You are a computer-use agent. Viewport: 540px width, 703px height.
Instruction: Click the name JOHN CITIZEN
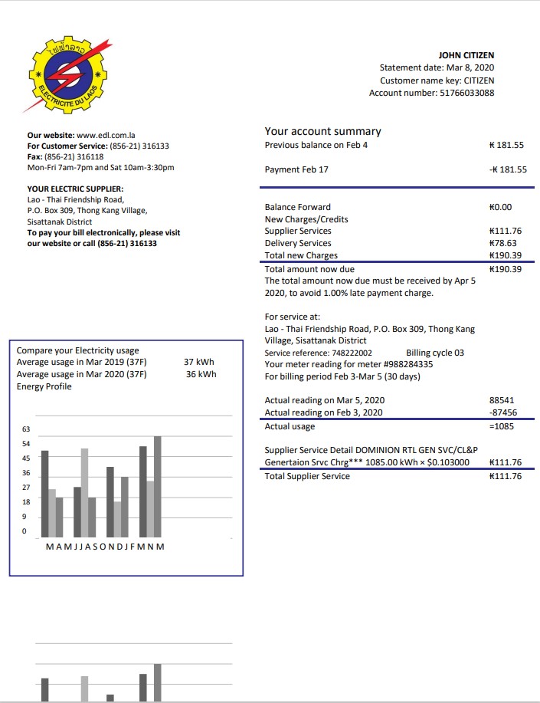click(466, 55)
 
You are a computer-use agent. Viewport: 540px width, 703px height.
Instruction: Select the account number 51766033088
click(466, 93)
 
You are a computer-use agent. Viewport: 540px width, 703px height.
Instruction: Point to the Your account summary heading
click(322, 131)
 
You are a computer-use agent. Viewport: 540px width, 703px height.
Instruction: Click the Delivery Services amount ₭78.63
click(505, 243)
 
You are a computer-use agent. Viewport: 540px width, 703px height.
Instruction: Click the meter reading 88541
click(501, 400)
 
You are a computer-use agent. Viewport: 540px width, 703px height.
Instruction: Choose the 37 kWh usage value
click(199, 362)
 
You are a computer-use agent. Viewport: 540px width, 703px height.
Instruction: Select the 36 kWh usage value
click(201, 374)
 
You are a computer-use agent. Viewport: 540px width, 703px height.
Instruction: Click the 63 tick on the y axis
click(26, 430)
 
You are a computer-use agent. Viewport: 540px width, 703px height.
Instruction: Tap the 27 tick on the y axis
click(26, 488)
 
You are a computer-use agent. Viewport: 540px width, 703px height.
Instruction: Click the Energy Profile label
click(44, 386)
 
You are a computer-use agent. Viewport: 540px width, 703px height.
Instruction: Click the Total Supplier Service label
click(307, 476)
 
